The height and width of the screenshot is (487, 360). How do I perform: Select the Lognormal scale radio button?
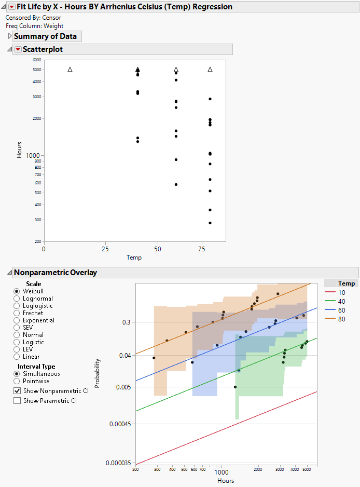click(17, 299)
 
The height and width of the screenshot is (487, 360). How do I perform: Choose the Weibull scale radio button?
click(17, 291)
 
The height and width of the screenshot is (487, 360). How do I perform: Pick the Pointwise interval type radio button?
click(17, 381)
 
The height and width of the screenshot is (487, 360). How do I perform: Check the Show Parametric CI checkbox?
click(17, 401)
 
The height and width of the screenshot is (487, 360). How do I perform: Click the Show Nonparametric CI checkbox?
click(17, 390)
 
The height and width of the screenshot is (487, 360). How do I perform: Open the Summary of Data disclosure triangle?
click(10, 36)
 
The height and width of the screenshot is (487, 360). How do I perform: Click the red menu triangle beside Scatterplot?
click(18, 49)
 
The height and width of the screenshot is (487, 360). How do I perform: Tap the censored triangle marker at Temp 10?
click(70, 70)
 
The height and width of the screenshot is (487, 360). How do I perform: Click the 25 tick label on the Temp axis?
click(105, 248)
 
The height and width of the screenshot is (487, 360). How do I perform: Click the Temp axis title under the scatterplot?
click(134, 258)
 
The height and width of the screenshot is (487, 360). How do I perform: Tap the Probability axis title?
click(98, 374)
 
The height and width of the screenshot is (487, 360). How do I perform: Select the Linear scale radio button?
click(17, 357)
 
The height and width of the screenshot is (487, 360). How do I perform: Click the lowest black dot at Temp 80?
click(210, 223)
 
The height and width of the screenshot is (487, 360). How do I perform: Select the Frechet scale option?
click(17, 313)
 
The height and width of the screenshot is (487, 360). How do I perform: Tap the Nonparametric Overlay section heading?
click(55, 272)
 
